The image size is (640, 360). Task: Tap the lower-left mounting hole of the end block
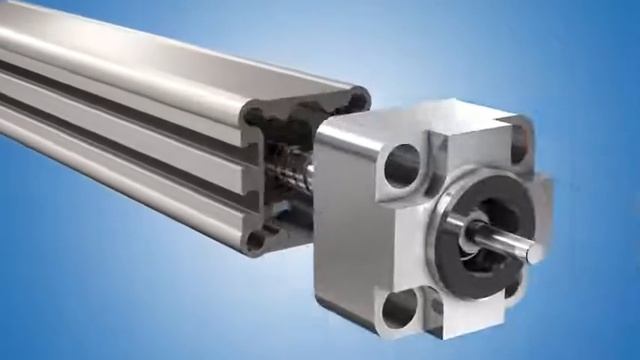click(398, 308)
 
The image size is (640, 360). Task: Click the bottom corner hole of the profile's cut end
click(258, 240)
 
